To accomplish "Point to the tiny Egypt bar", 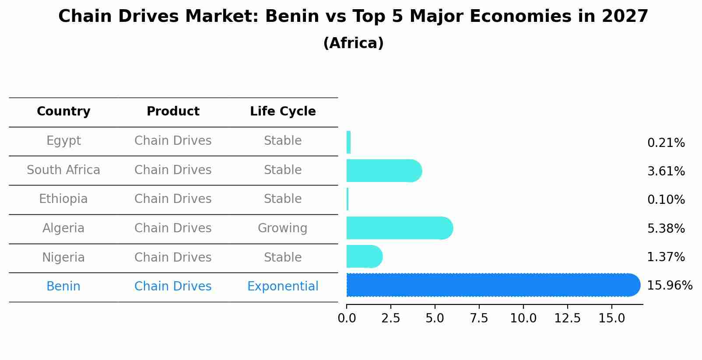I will pyautogui.click(x=348, y=142).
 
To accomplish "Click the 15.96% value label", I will pyautogui.click(x=669, y=286).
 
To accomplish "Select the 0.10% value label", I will pyautogui.click(x=666, y=200).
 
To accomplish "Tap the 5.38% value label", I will pyautogui.click(x=666, y=228).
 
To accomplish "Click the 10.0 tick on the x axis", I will pyautogui.click(x=523, y=318).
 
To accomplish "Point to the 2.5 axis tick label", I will pyautogui.click(x=390, y=318).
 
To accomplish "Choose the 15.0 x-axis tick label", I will pyautogui.click(x=611, y=318).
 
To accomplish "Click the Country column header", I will pyautogui.click(x=63, y=112).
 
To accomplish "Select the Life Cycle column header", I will pyautogui.click(x=283, y=112).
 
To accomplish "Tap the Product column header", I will pyautogui.click(x=173, y=112).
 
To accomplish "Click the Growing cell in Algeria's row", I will pyautogui.click(x=282, y=228).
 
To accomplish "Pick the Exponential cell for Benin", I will pyautogui.click(x=283, y=287).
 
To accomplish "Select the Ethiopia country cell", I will pyautogui.click(x=63, y=199).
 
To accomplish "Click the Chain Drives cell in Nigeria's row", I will pyautogui.click(x=173, y=257).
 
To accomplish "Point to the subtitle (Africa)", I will pyautogui.click(x=353, y=43).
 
